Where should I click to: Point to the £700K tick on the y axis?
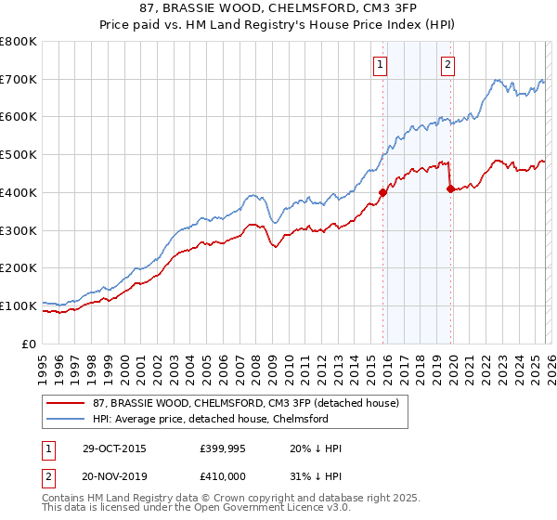(x=19, y=79)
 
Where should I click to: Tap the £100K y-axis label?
(x=19, y=305)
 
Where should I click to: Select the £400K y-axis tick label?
(x=19, y=192)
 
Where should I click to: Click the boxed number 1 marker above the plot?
(x=382, y=64)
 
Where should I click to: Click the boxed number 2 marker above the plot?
(x=448, y=64)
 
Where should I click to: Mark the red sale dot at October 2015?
(x=382, y=192)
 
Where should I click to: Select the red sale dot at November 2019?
(x=450, y=188)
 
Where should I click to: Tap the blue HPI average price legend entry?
(x=210, y=419)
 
